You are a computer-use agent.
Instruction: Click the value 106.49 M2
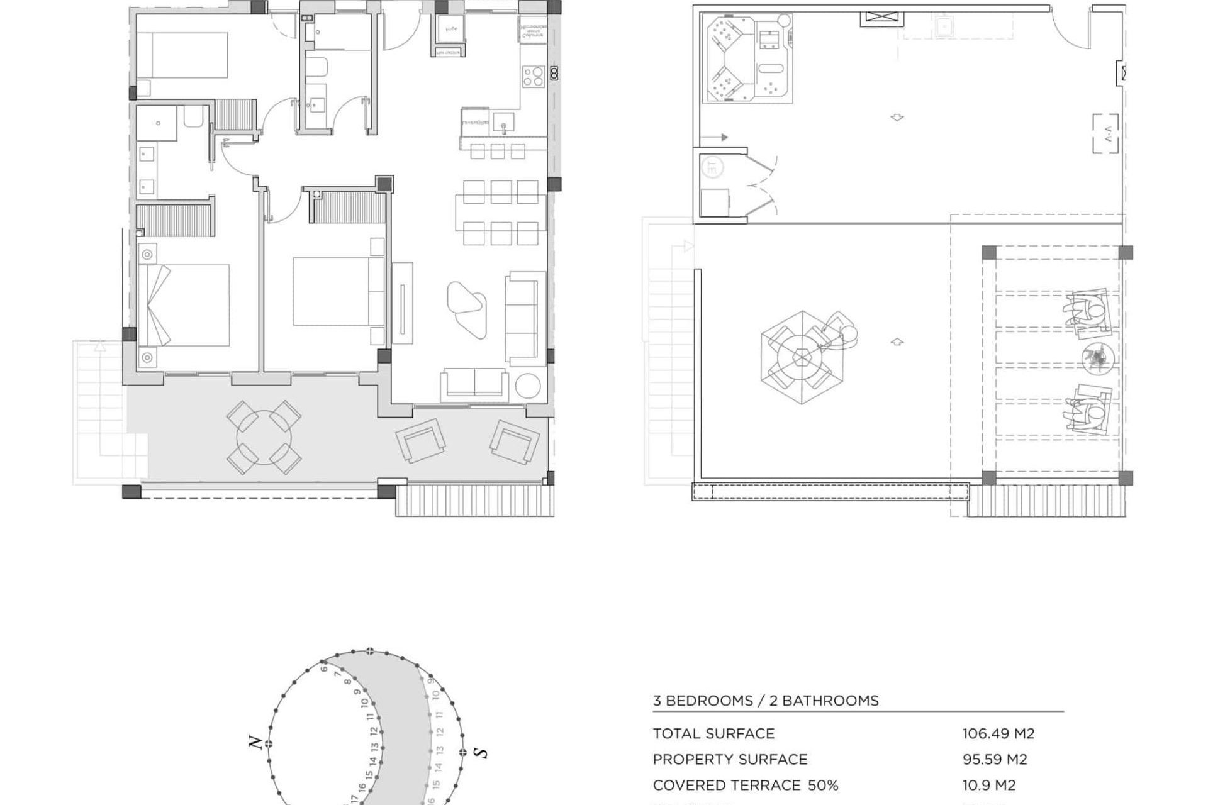pos(998,733)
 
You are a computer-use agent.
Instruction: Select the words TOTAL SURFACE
pos(713,733)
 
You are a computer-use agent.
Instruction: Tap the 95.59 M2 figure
pos(994,759)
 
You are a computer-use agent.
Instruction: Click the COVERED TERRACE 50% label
pos(745,785)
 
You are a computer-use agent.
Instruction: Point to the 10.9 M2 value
pos(988,785)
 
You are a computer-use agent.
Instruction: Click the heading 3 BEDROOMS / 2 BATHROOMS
pos(765,701)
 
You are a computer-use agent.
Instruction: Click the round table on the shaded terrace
pos(264,437)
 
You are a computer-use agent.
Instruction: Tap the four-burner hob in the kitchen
pos(533,77)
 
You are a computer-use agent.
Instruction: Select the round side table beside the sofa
pos(527,386)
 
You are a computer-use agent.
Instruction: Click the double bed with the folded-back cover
pos(184,305)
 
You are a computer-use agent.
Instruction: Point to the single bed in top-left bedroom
pos(182,55)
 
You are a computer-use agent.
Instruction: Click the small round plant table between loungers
pos(1098,359)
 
